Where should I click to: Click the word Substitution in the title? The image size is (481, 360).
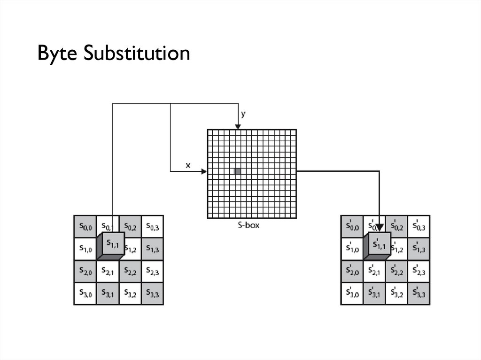[136, 53]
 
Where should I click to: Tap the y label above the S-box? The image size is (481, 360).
[243, 114]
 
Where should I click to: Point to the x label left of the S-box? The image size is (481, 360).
[188, 165]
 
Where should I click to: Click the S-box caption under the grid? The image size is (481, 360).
[249, 225]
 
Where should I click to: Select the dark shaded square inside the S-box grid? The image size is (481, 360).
[238, 171]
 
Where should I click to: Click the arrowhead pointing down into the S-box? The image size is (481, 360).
[238, 126]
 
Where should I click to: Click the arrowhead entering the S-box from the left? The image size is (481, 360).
[204, 171]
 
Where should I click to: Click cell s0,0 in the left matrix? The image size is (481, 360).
[85, 227]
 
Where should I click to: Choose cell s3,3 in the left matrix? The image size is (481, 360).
[152, 294]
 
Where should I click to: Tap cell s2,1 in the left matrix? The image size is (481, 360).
[108, 272]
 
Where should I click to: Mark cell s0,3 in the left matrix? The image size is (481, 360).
[152, 227]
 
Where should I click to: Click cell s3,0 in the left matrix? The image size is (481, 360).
[85, 294]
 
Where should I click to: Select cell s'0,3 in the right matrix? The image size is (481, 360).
[419, 227]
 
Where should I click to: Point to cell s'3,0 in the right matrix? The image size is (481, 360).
[352, 294]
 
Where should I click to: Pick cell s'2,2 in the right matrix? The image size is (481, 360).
[396, 272]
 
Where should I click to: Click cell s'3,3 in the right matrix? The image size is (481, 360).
[419, 294]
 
